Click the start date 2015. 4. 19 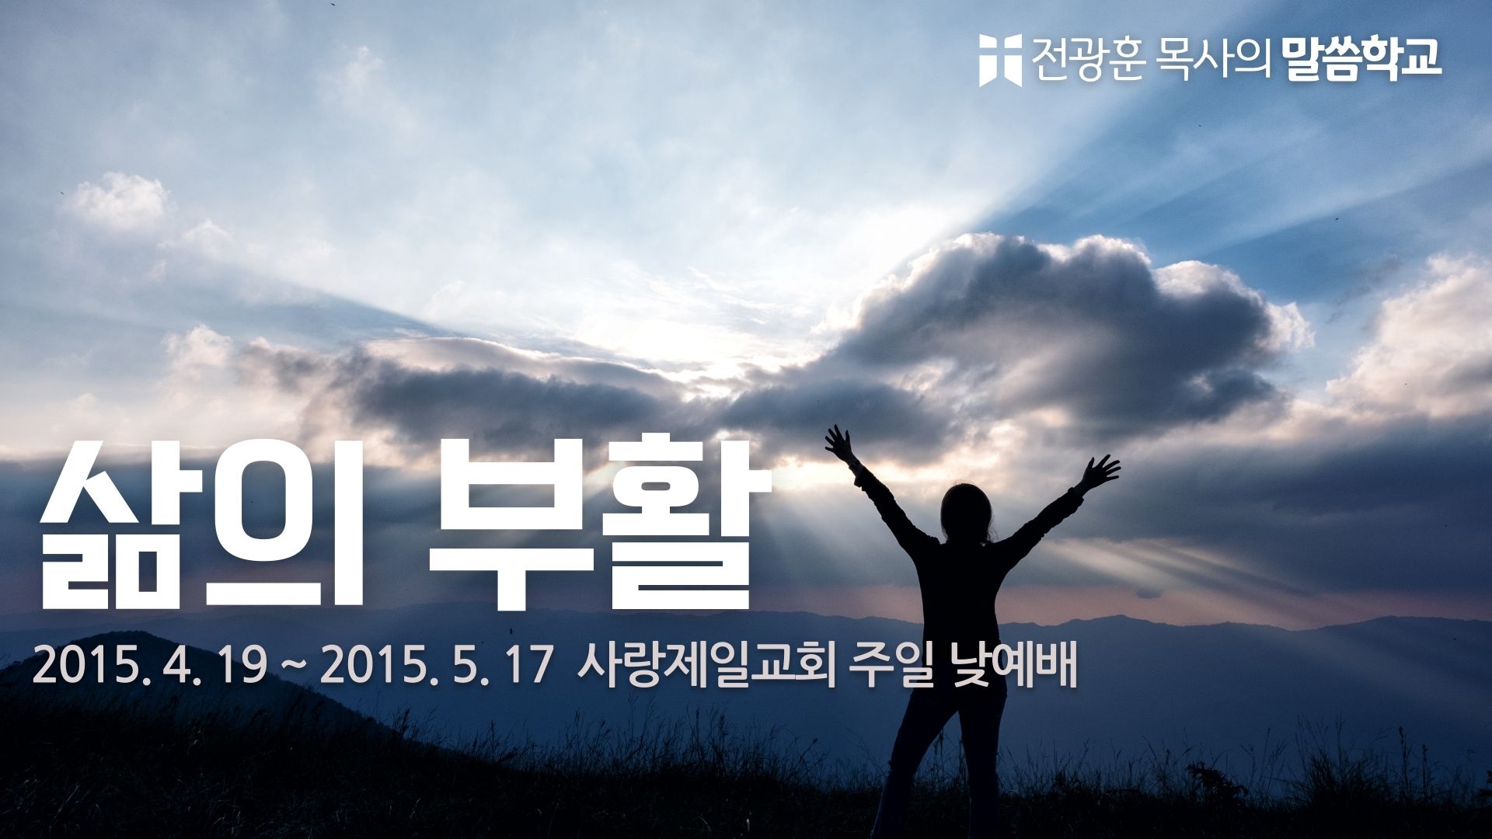pos(148,669)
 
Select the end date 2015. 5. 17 pos(435,669)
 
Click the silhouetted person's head pos(965,509)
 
